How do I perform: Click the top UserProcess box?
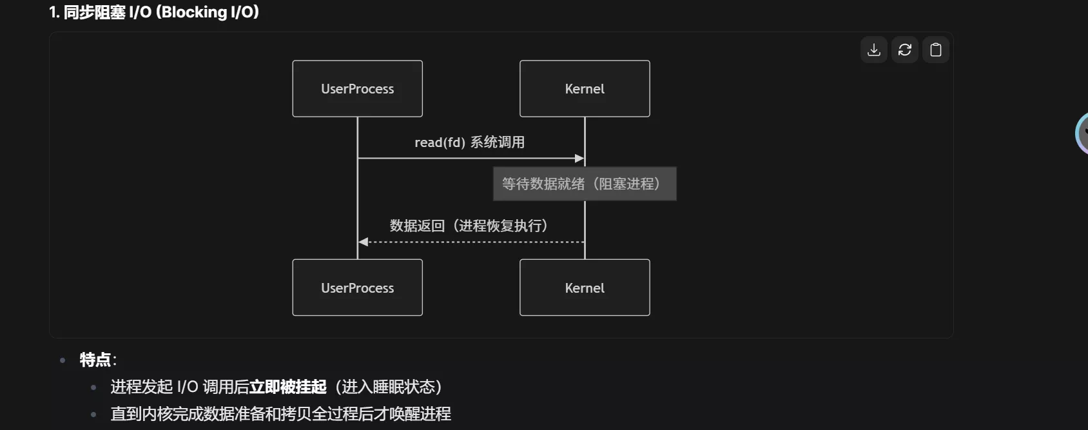click(x=357, y=89)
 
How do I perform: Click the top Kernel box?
click(x=585, y=89)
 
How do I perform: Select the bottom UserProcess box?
click(x=357, y=288)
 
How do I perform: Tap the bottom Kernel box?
click(x=585, y=288)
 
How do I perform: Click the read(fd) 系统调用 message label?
click(x=469, y=142)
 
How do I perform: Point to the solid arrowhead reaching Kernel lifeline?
click(x=579, y=158)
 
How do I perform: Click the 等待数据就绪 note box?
click(x=585, y=184)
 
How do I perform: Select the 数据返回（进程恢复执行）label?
click(x=469, y=226)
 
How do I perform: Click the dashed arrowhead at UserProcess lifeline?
click(x=363, y=242)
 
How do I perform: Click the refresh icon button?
click(x=904, y=50)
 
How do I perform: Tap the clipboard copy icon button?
click(x=935, y=50)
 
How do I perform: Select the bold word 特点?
click(x=95, y=360)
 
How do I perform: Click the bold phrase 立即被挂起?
click(x=287, y=387)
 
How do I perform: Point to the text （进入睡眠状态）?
click(x=388, y=387)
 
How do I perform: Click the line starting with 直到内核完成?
click(x=280, y=414)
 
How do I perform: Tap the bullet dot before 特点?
click(x=63, y=360)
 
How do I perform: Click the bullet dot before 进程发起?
click(x=94, y=387)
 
